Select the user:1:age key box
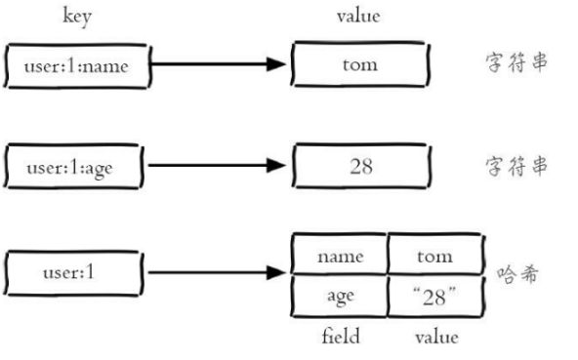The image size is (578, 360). (x=76, y=165)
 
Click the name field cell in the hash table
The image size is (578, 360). (x=341, y=256)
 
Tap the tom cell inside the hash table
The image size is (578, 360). (x=435, y=256)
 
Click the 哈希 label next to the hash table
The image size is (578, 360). (x=513, y=268)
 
